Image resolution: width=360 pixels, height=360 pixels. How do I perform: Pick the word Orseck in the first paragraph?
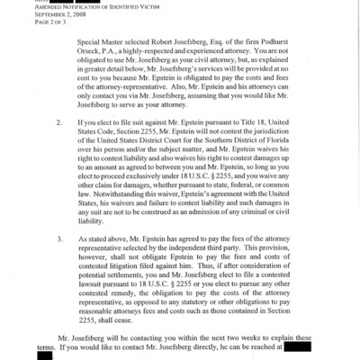pos(93,51)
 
